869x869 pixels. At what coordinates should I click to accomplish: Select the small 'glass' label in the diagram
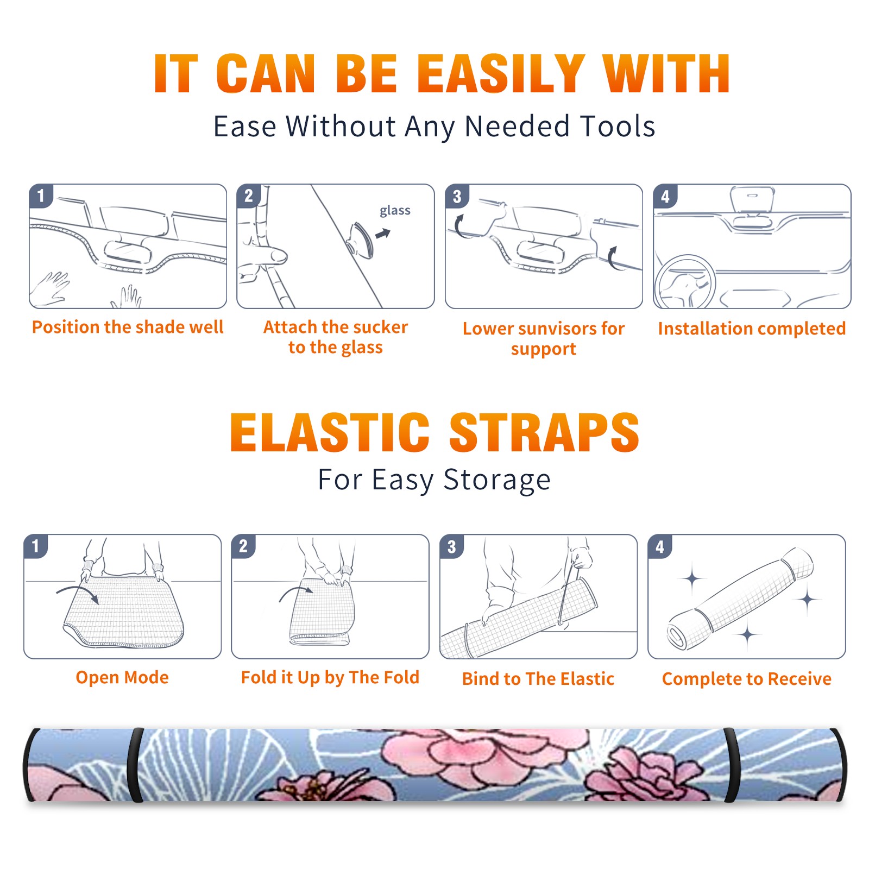[x=395, y=211]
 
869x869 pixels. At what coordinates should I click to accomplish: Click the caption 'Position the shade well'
[x=128, y=327]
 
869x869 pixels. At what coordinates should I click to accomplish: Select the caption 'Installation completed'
[x=752, y=329]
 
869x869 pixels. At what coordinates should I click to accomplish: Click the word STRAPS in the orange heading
[x=544, y=432]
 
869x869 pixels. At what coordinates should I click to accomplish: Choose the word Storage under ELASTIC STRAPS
[x=497, y=480]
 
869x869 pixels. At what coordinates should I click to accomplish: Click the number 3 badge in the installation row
[x=457, y=197]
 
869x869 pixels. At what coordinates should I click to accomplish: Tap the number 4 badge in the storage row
[x=660, y=546]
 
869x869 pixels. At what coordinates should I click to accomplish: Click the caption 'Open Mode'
[x=122, y=677]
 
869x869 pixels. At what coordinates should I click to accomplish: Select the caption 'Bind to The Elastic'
[x=538, y=679]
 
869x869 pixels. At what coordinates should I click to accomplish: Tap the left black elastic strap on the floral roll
[x=135, y=765]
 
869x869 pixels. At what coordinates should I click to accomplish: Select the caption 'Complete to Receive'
[x=747, y=679]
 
